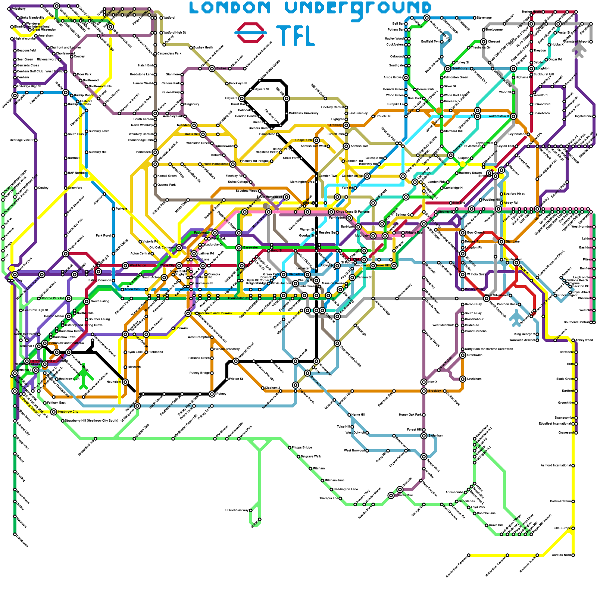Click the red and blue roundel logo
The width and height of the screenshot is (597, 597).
coord(251,32)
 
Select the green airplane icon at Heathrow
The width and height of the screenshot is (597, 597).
coord(85,376)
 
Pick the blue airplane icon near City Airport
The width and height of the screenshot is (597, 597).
coord(516,317)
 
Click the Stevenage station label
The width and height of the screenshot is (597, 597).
coord(484,18)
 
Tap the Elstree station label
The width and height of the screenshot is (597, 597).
coord(221,69)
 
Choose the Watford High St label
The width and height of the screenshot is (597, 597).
coord(175,32)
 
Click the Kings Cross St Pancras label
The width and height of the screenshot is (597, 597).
coord(353,212)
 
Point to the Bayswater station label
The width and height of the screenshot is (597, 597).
coord(250,247)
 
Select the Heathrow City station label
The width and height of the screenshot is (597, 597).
coord(68,412)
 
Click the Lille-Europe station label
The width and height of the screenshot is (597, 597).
coord(562,528)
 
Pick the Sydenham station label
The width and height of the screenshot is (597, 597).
coord(436,435)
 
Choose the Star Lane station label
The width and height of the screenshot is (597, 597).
coord(513,241)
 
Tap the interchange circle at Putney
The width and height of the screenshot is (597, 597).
coord(212,394)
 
